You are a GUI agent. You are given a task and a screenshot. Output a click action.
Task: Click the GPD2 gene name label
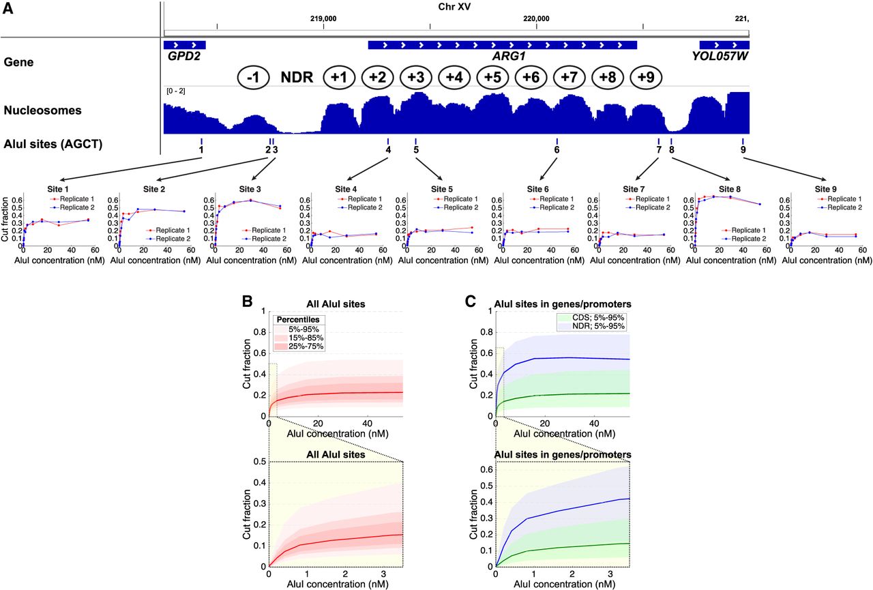coord(184,56)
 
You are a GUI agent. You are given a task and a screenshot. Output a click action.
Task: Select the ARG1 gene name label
coord(509,56)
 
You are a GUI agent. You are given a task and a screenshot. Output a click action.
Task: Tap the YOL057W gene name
coord(720,56)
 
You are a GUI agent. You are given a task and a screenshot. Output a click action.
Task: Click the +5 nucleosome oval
coord(492,77)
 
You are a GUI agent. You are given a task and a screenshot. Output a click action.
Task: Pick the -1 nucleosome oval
coord(253,77)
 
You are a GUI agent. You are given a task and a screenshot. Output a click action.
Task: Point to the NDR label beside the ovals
coord(297,77)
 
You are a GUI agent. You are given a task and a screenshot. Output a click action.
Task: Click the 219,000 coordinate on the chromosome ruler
coord(323,18)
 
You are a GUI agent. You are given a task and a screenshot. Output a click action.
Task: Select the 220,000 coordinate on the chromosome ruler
coord(536,18)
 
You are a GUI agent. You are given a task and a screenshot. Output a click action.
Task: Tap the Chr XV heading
coord(454,7)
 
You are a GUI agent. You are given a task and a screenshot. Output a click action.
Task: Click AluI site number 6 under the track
coord(557,149)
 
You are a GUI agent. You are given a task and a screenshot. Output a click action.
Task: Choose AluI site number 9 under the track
coord(743,149)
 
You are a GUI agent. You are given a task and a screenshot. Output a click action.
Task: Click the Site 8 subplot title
coord(730,190)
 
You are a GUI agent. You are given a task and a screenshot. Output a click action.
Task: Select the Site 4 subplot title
coord(346,190)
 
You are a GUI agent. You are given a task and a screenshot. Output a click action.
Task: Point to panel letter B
coord(247,301)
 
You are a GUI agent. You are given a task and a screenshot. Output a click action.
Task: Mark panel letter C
coord(471,301)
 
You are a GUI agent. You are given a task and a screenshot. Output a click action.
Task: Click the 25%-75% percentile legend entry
coord(299,346)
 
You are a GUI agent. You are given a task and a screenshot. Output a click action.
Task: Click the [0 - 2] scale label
coord(176,91)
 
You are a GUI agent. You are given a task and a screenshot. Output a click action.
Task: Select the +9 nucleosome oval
coord(646,77)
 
